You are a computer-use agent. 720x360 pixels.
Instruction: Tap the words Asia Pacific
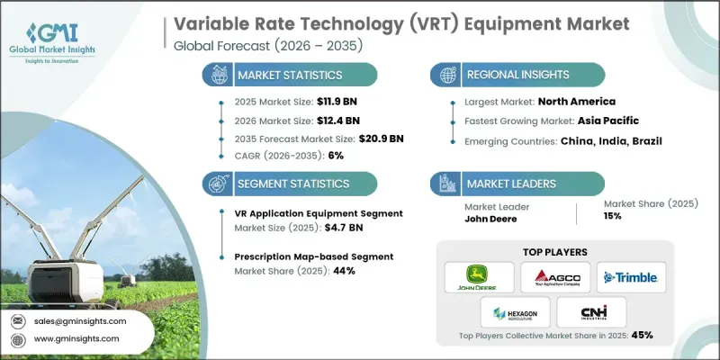tap(607, 121)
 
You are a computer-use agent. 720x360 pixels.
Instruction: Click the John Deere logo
tap(480, 277)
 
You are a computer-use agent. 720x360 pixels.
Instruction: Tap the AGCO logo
tap(554, 277)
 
